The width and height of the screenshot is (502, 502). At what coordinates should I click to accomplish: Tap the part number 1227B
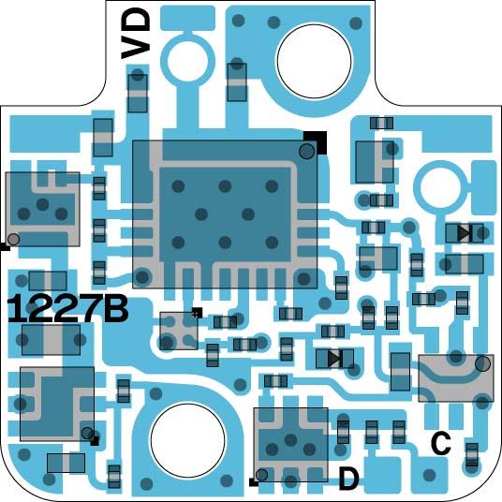66,308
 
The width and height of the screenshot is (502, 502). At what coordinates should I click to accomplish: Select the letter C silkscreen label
441,443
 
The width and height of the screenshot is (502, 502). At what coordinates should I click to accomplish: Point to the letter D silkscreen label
348,480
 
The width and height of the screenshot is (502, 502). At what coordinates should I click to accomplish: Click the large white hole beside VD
314,58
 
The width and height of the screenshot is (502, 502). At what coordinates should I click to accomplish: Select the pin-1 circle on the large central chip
307,151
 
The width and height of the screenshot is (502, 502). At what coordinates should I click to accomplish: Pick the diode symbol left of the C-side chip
334,357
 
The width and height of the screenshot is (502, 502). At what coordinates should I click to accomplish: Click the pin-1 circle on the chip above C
482,363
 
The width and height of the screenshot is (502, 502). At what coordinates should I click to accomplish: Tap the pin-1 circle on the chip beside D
261,475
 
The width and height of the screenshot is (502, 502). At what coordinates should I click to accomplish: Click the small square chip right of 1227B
178,330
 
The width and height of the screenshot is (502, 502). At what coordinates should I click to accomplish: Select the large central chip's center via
225,214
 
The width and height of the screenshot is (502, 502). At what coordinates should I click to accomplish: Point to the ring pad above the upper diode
439,183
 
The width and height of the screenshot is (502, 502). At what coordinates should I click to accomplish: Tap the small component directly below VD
138,92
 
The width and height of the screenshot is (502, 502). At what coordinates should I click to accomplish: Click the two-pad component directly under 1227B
47,342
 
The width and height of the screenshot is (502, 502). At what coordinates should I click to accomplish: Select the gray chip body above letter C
455,377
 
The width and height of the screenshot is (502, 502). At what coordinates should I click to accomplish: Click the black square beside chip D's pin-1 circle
253,483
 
